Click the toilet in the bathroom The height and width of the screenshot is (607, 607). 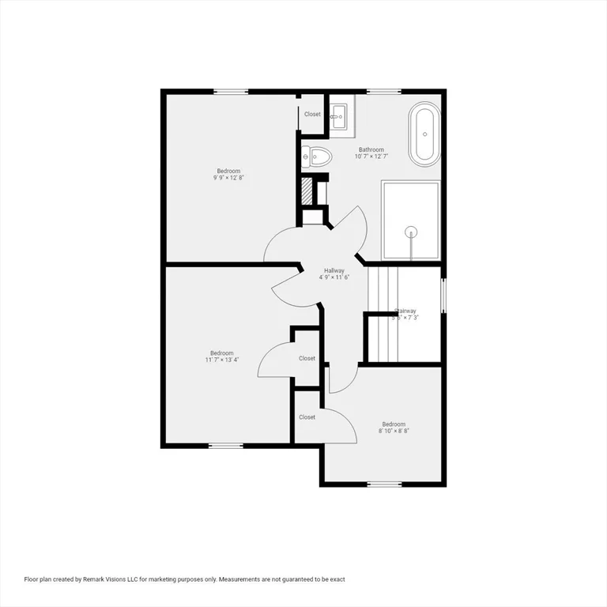(x=318, y=156)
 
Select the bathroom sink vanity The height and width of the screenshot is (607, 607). (x=340, y=117)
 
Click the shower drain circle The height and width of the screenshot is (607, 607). (x=410, y=232)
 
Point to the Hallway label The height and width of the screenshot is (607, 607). (x=334, y=270)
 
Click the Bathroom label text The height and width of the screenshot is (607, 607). (x=371, y=149)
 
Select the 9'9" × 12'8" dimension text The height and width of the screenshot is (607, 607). (x=229, y=178)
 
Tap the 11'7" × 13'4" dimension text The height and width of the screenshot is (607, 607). (x=222, y=360)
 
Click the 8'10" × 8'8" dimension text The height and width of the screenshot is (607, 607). (x=394, y=431)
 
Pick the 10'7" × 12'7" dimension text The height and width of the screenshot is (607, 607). (x=371, y=156)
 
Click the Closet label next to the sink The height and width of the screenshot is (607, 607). (x=313, y=114)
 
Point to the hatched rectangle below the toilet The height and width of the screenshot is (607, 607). (x=307, y=192)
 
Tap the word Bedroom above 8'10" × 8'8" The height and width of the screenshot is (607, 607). (x=394, y=424)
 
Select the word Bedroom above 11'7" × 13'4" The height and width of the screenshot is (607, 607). (x=222, y=353)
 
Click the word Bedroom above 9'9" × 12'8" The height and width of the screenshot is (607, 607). (x=229, y=171)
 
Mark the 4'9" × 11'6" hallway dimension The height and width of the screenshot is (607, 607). (x=334, y=277)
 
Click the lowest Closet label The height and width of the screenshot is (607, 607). (x=307, y=417)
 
